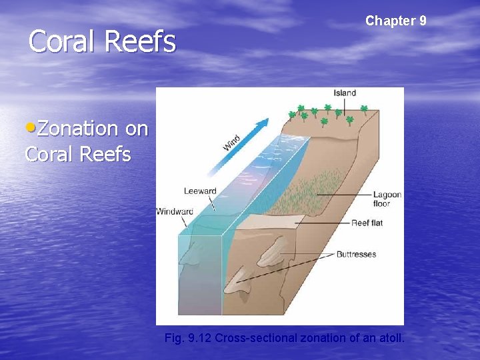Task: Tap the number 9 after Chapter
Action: (x=423, y=21)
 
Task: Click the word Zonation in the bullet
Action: (x=79, y=128)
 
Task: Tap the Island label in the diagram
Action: (x=345, y=93)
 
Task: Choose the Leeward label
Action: (x=200, y=191)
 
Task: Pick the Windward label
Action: (x=175, y=211)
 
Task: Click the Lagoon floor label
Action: (x=387, y=199)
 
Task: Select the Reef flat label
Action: (x=367, y=223)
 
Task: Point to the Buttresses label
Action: (x=356, y=254)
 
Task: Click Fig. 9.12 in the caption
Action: (x=188, y=338)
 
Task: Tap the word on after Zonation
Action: (x=136, y=128)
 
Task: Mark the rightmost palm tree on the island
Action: (x=364, y=109)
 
